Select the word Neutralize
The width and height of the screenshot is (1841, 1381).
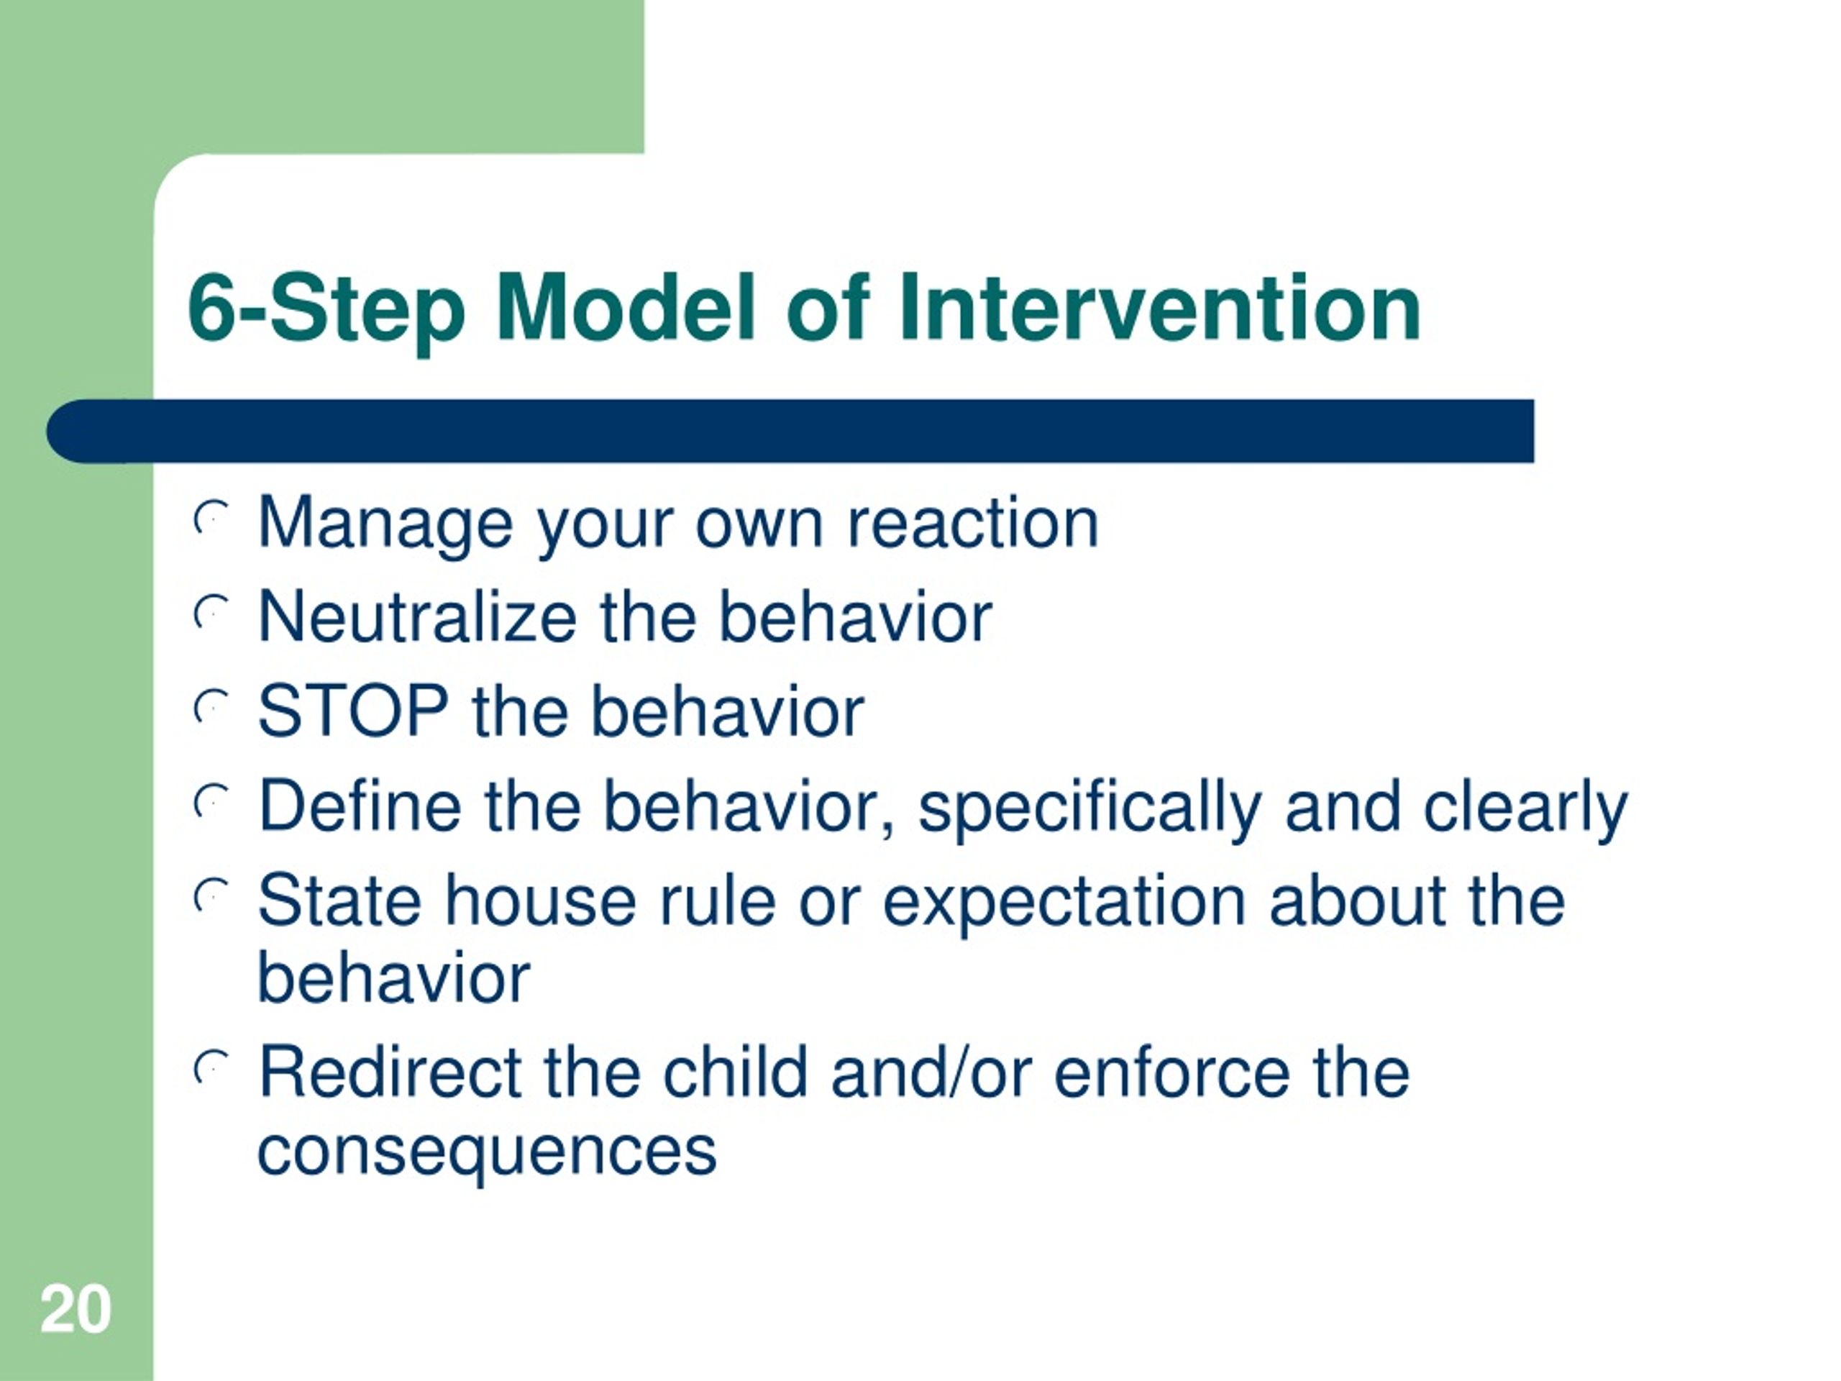click(417, 617)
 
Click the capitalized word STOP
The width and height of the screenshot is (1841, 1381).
click(353, 712)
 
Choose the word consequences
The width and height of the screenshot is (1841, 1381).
click(487, 1154)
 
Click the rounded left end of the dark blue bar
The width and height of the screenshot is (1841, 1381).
click(58, 431)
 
